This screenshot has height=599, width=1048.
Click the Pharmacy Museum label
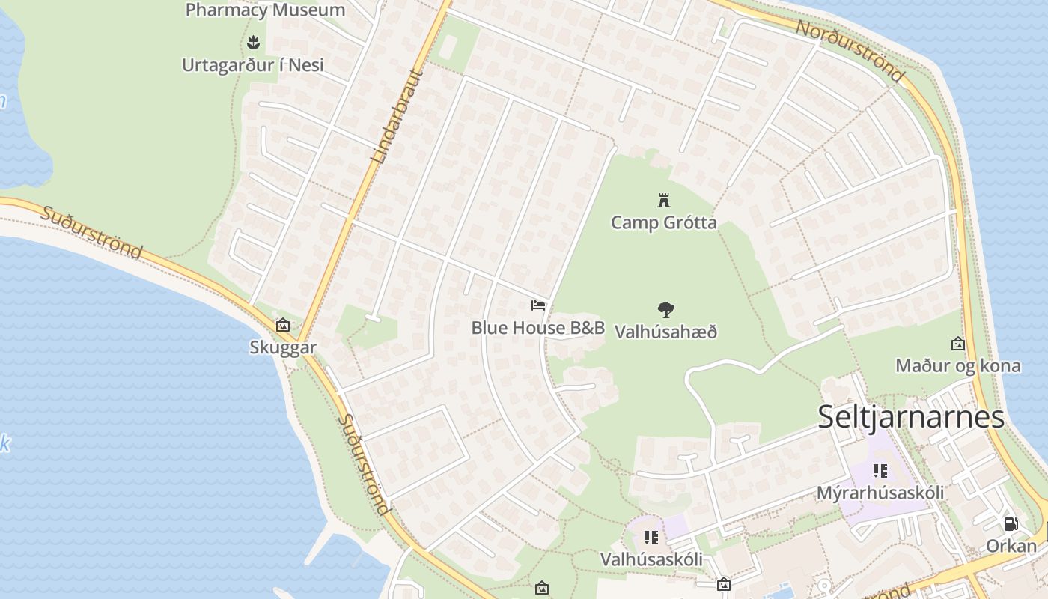click(265, 10)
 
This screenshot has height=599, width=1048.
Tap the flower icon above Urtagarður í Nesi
click(253, 42)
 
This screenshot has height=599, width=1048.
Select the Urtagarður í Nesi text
click(253, 65)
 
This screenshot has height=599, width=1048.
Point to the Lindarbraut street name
click(397, 115)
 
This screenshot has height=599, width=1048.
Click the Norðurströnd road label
click(850, 50)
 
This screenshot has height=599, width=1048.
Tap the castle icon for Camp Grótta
click(663, 200)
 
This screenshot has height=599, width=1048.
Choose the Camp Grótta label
click(663, 222)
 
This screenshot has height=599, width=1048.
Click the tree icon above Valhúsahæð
click(665, 309)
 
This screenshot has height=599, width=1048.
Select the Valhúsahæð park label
click(665, 331)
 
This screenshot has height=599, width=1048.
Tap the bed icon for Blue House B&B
click(538, 305)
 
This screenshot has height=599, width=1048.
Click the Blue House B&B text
click(537, 327)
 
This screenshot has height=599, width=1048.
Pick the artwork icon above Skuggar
click(283, 325)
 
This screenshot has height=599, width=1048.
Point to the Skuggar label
click(283, 347)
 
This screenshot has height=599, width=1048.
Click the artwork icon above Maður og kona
click(957, 344)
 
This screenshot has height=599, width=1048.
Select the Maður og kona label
click(957, 366)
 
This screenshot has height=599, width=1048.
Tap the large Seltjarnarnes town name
click(910, 416)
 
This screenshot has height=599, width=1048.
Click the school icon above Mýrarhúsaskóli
click(880, 471)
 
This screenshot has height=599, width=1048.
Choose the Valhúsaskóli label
click(651, 559)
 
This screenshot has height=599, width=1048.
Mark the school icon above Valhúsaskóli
click(651, 537)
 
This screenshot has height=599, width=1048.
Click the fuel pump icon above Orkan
click(1011, 524)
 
